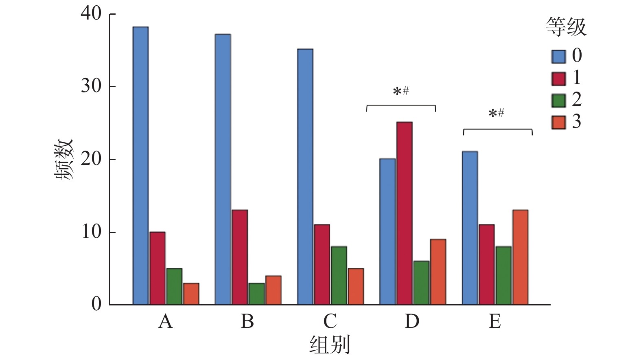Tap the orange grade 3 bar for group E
pos(520,257)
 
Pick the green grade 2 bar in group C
pos(339,275)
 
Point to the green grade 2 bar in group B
pos(256,294)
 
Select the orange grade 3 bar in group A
pos(191,294)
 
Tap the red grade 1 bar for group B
pos(240,257)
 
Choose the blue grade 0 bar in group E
pos(470,228)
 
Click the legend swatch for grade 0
pos(558,57)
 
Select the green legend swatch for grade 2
pos(558,101)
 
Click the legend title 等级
pos(566,27)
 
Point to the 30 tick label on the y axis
pos(91,86)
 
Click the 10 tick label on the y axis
pos(91,232)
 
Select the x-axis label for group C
pos(330,321)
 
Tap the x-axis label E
pos(494,321)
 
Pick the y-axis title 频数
pos(64,159)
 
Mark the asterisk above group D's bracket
pos(397,92)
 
